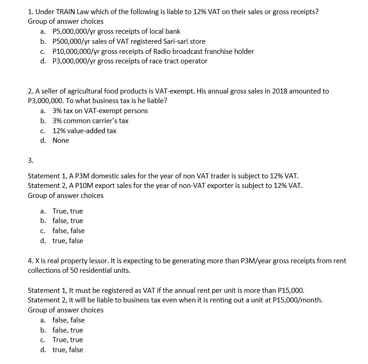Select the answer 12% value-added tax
[x=84, y=130]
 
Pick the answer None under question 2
[x=61, y=140]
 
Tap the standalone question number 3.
[x=31, y=161]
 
